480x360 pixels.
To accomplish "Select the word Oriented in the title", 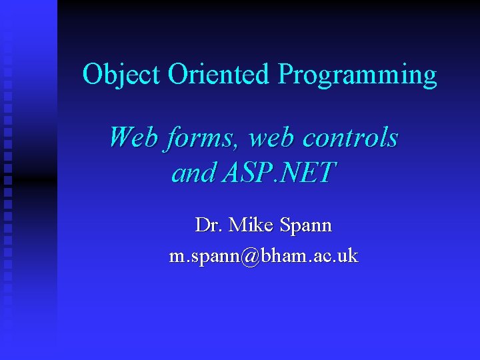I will [x=219, y=74].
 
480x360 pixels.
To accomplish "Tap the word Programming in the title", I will [x=357, y=75].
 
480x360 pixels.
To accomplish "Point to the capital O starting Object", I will [x=91, y=74].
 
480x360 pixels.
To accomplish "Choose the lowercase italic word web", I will [x=271, y=138].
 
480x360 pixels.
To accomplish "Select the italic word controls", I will [x=351, y=138].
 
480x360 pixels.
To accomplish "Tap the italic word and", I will [x=193, y=173].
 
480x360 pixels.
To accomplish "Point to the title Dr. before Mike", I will [x=209, y=225].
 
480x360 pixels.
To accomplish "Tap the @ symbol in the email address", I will [x=251, y=257].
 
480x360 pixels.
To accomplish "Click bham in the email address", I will [x=284, y=256].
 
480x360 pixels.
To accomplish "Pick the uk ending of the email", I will [x=347, y=256].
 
